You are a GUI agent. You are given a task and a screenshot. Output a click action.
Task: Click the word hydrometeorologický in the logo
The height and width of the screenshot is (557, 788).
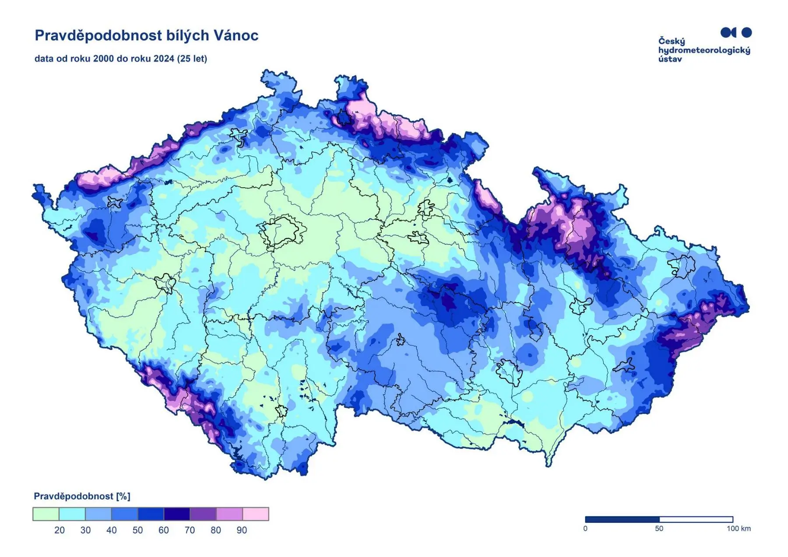704,50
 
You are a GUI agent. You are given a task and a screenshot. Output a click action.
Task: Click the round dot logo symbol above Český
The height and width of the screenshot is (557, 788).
747,32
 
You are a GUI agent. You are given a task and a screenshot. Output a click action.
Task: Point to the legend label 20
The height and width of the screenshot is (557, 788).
60,530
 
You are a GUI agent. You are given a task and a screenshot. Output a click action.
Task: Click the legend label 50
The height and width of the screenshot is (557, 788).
137,530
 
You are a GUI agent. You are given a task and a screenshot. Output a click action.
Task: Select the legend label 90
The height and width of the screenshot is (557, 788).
242,530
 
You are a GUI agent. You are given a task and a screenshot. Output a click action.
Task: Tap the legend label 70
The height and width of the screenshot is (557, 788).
190,530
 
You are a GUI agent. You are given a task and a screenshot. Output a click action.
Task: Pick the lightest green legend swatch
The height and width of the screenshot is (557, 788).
46,514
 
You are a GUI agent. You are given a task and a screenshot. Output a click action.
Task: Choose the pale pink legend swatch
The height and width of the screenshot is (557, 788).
256,514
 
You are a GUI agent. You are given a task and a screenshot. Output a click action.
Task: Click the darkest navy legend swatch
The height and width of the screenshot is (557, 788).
177,514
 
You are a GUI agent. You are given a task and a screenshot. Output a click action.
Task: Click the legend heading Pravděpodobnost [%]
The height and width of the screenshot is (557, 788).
82,496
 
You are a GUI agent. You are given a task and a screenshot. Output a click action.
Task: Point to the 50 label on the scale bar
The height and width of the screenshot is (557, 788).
659,529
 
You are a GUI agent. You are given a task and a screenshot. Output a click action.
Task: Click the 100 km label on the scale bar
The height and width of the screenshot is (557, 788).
739,529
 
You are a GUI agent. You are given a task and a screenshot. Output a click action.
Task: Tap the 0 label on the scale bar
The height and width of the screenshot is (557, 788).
585,529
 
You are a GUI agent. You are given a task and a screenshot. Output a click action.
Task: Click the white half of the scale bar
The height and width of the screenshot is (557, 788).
696,519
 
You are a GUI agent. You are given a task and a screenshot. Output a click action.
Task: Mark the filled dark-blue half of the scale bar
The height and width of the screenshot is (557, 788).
622,519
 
